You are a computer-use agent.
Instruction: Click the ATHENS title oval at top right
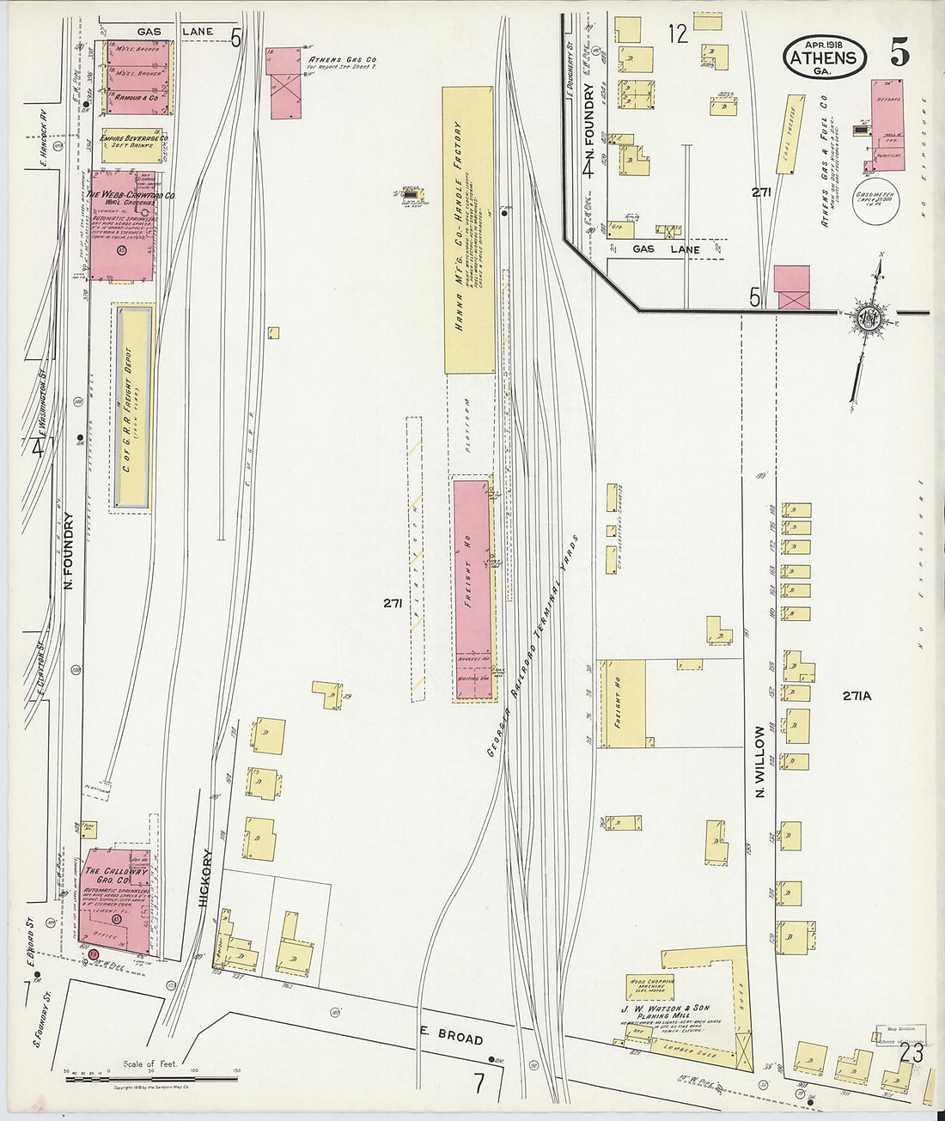824,58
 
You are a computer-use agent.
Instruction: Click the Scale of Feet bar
151,1077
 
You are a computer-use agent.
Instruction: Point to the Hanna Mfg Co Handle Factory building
468,229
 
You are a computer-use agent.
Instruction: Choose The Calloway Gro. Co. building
118,902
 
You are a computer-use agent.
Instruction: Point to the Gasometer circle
877,207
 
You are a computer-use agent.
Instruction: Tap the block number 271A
857,696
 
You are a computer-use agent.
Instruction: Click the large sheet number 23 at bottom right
911,1052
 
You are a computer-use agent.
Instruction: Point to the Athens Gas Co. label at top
342,60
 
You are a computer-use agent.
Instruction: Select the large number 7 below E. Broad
479,1083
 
